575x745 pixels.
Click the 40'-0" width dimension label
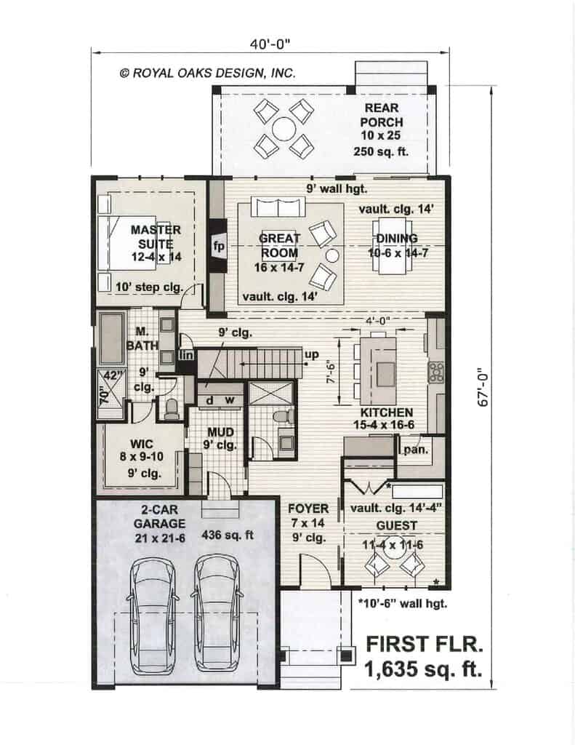[270, 44]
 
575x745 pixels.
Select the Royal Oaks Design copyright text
[207, 73]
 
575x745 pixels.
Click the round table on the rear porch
[283, 129]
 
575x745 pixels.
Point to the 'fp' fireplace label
[219, 246]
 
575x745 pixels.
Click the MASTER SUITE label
[156, 236]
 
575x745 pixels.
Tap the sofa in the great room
[278, 207]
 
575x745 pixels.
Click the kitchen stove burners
[436, 372]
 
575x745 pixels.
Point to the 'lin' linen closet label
[185, 354]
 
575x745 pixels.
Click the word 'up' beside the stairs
[312, 354]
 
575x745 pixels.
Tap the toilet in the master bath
[170, 409]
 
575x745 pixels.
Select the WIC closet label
[142, 444]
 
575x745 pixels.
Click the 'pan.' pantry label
[416, 449]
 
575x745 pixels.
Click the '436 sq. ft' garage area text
[228, 535]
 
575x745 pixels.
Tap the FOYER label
[308, 509]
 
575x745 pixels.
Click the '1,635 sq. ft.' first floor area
[422, 669]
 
